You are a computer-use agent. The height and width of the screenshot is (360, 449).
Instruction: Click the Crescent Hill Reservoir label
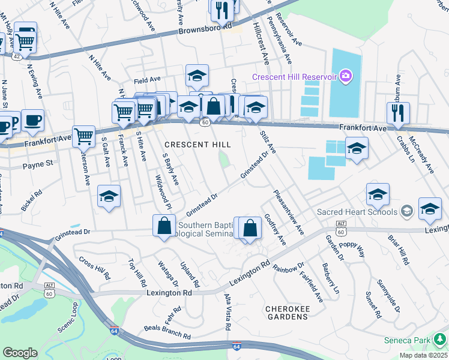pyautogui.click(x=294, y=77)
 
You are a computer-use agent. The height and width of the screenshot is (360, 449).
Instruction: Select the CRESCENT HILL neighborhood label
pyautogui.click(x=197, y=145)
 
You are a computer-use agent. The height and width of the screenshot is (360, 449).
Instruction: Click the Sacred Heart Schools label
pyautogui.click(x=357, y=211)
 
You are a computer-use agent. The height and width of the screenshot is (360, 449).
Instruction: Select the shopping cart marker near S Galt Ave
pyautogui.click(x=83, y=136)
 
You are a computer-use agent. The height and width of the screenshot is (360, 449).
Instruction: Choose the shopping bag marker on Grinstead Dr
pyautogui.click(x=164, y=226)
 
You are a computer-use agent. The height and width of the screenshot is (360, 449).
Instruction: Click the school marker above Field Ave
pyautogui.click(x=197, y=75)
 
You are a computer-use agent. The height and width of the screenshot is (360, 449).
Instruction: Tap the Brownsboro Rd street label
pyautogui.click(x=205, y=28)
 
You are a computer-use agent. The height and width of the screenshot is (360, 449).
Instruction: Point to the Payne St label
pyautogui.click(x=38, y=163)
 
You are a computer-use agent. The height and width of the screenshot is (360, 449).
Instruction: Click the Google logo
pyautogui.click(x=20, y=353)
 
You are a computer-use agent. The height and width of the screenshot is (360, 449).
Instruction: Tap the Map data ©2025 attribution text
pyautogui.click(x=423, y=355)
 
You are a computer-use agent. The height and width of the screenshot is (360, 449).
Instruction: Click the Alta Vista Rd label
pyautogui.click(x=228, y=312)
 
